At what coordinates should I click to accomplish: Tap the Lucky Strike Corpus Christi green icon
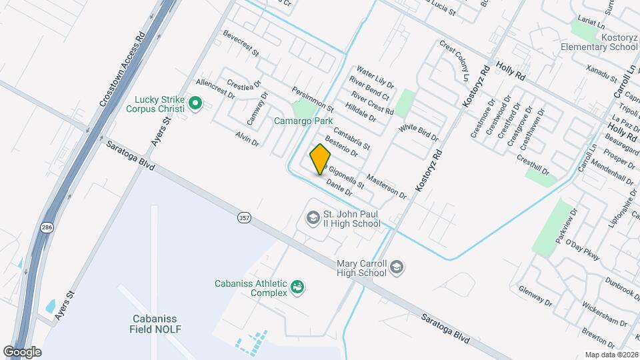click(x=195, y=103)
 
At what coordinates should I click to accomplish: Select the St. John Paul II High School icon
click(x=312, y=218)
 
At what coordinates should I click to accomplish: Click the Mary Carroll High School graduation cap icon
click(x=397, y=267)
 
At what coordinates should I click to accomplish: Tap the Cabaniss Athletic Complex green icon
click(x=297, y=287)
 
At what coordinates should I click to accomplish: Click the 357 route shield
click(x=245, y=217)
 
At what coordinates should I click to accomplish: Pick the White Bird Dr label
click(x=419, y=132)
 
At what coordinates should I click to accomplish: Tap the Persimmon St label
click(x=312, y=99)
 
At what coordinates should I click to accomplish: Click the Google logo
click(x=22, y=351)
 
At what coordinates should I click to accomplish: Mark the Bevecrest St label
click(x=241, y=42)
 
